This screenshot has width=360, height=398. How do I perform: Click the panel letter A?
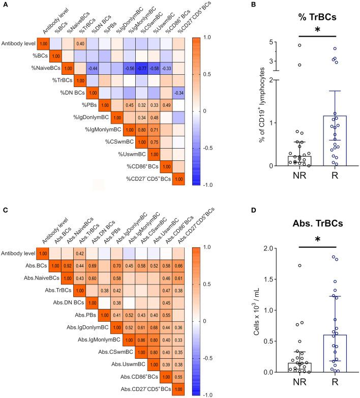(5, 5)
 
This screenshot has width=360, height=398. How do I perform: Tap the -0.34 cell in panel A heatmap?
(179, 93)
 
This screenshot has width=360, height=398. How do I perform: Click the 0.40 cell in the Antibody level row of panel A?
(80, 44)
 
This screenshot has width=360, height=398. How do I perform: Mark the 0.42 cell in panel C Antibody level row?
(80, 252)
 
